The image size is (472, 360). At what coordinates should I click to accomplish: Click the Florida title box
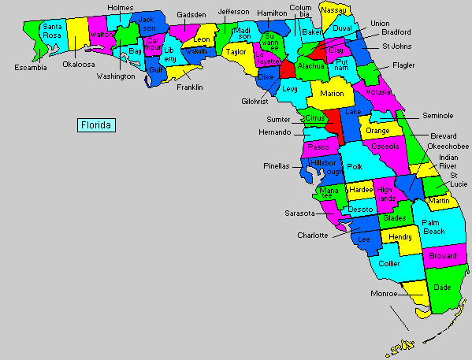point(96,124)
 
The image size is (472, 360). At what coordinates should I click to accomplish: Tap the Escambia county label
point(31,67)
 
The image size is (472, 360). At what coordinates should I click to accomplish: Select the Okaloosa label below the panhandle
point(80,65)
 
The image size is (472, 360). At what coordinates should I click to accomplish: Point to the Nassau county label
point(334,9)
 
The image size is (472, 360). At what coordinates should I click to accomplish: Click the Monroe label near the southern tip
point(385,294)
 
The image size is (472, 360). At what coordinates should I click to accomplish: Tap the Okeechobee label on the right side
point(448,147)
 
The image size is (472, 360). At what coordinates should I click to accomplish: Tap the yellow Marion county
point(332,93)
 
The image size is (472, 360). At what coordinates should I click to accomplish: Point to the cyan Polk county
point(355,167)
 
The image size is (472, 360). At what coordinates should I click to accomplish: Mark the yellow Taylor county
point(236,51)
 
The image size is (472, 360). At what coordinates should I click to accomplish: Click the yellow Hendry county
point(402,237)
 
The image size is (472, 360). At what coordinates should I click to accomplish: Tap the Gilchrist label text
point(256,102)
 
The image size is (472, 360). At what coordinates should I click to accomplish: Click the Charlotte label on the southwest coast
point(312,235)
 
